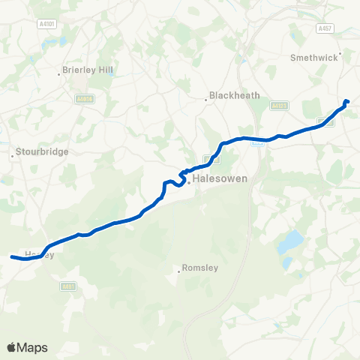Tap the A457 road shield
click(324, 28)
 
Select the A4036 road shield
click(83, 98)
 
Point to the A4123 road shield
click(280, 106)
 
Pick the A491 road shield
click(69, 286)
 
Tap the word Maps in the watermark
click(33, 347)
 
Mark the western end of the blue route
click(12, 257)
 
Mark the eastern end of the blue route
click(347, 101)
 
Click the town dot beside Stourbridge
click(13, 156)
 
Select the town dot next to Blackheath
click(207, 100)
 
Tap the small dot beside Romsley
click(179, 271)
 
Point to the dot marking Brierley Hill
click(59, 74)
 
